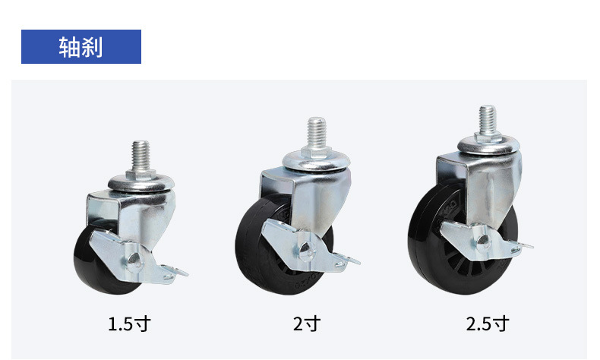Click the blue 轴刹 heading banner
[x=81, y=46]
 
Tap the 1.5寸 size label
[x=129, y=324]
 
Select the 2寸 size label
[x=307, y=324]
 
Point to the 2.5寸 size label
[x=487, y=324]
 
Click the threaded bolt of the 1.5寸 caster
[x=141, y=156]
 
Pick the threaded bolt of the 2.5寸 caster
[x=488, y=119]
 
